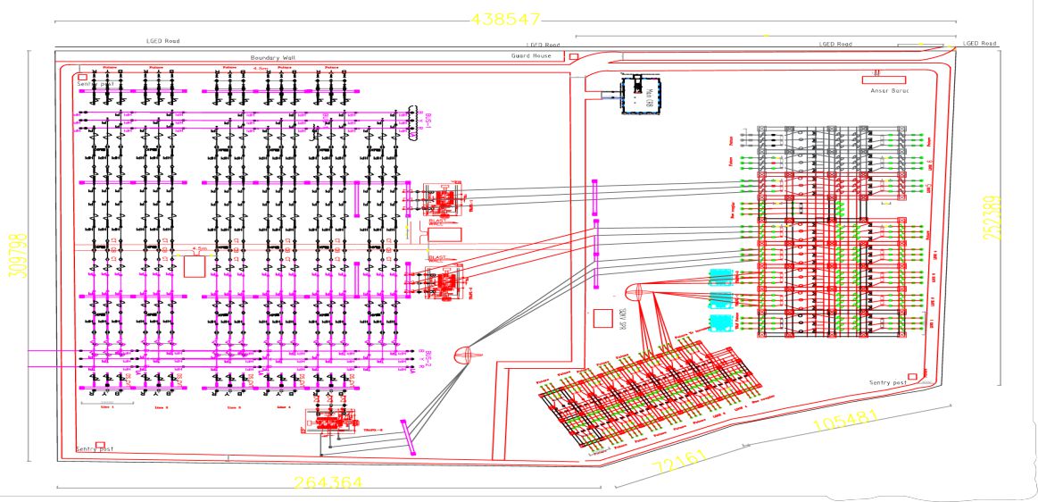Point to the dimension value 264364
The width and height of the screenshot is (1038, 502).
[328, 482]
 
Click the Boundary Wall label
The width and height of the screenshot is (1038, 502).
[272, 57]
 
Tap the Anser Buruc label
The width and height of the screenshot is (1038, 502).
[888, 90]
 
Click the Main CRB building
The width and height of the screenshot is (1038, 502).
[639, 95]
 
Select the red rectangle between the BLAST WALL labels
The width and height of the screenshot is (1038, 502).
[446, 234]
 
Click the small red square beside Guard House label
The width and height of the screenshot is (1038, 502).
[573, 56]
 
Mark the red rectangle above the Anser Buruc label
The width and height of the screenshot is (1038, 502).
[884, 79]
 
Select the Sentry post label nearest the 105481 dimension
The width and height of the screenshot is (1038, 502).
[887, 382]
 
